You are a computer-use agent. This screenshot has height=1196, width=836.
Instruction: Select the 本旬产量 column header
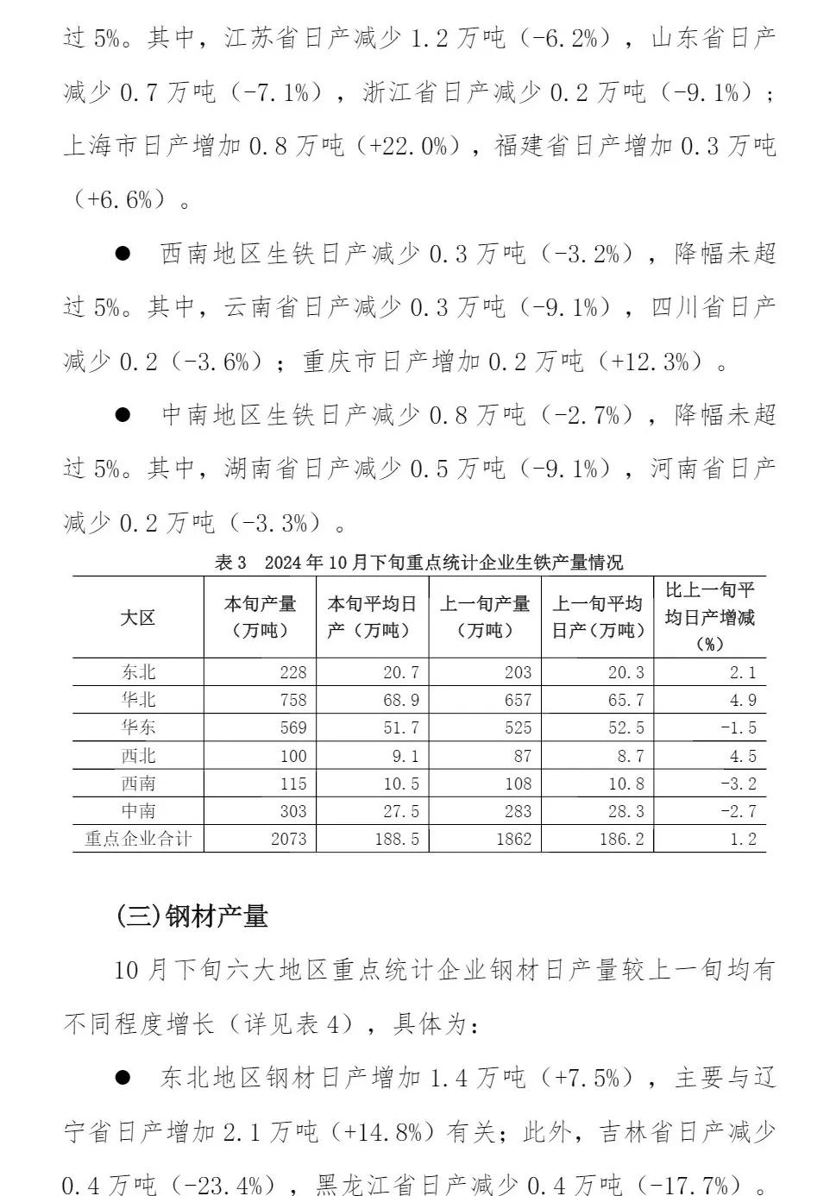260,617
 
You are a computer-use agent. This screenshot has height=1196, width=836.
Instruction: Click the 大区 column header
138,618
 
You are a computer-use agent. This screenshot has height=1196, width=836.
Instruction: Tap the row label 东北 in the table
138,672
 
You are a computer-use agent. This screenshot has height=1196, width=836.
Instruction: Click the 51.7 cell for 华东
401,727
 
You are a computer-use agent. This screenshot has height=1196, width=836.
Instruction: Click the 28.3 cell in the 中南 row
625,811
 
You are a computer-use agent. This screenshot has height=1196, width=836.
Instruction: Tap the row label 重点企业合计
138,839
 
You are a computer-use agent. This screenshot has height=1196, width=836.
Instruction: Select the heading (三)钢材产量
192,916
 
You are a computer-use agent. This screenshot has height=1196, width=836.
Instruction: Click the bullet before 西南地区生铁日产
123,254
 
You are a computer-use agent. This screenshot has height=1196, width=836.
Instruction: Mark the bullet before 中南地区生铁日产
123,415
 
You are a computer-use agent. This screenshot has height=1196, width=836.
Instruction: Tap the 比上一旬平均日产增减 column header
709,617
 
